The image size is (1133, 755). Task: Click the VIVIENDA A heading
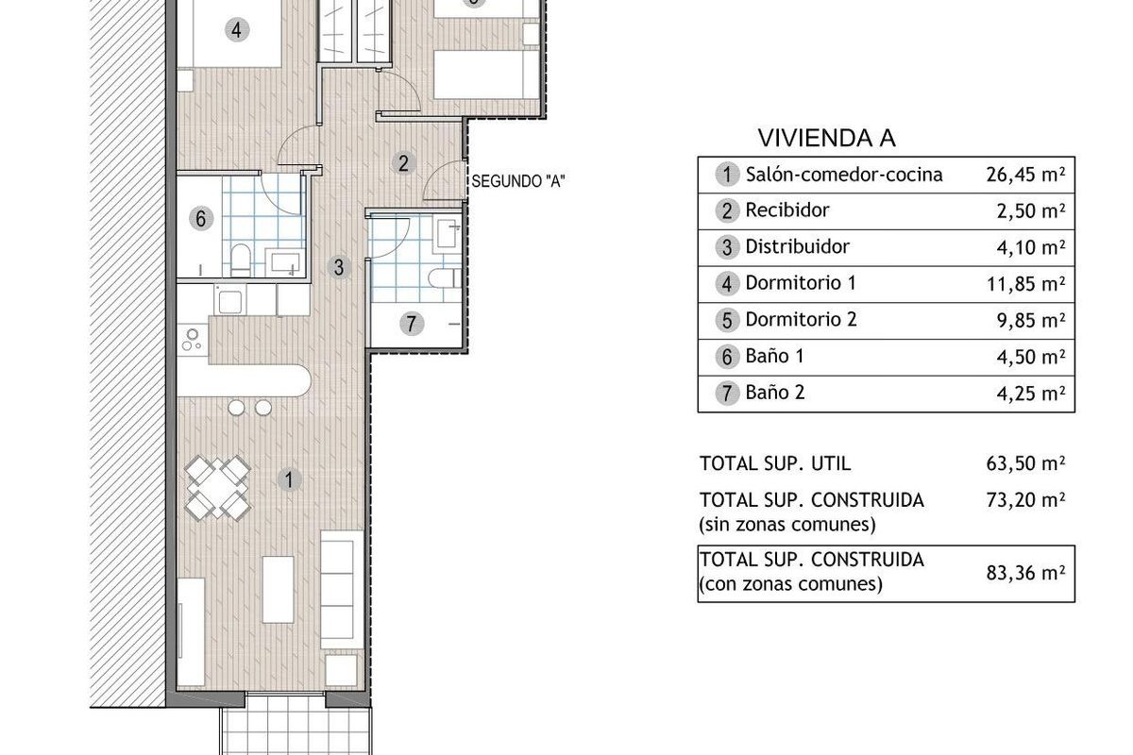pos(826,138)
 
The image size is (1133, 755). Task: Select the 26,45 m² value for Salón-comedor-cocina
pos(1025,175)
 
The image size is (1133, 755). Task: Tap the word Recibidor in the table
pos(787,210)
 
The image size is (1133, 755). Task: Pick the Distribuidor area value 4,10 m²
pos(1031,247)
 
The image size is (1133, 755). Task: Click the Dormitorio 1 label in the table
pos(801,283)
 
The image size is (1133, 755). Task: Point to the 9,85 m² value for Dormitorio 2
pos(1031,320)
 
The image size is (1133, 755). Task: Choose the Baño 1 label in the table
pos(774,356)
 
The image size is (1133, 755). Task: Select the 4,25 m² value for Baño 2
pos(1031,393)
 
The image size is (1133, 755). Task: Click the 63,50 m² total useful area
pos(1025,463)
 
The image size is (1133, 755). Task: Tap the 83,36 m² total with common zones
pos(1025,573)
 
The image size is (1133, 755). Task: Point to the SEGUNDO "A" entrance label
pos(518,181)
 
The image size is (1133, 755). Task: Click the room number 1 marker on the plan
pos(289,480)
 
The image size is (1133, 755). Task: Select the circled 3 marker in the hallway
pos(339,267)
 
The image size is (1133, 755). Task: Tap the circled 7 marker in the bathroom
pos(412,323)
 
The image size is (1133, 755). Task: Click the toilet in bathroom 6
pos(240,260)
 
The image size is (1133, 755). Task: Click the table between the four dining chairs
pos(217,488)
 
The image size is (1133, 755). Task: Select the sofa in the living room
pos(342,589)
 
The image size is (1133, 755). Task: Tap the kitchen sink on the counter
pos(229,299)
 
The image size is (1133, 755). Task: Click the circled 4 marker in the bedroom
pos(237,30)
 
